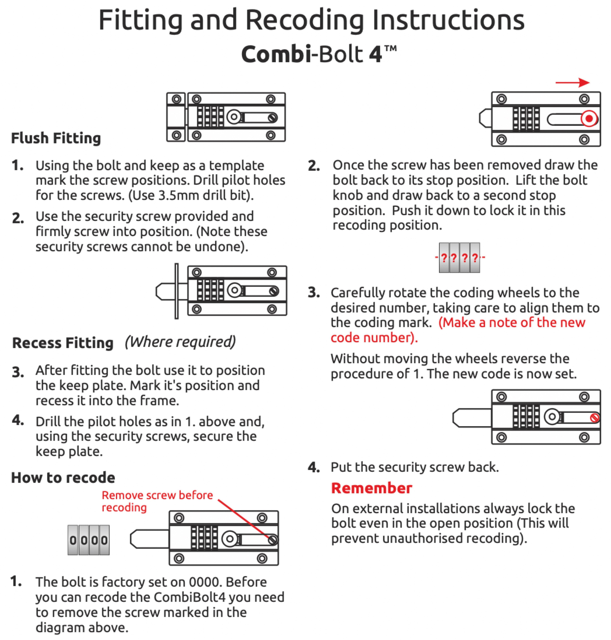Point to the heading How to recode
[63, 478]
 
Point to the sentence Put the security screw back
[415, 467]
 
